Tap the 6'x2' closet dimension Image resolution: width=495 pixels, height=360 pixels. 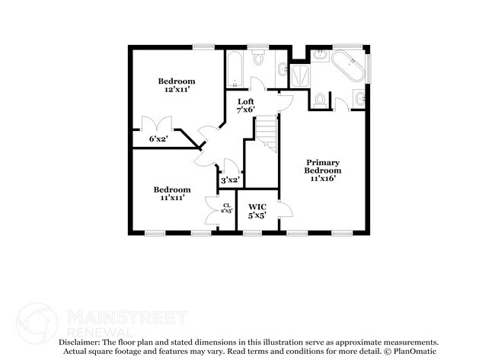click(x=158, y=139)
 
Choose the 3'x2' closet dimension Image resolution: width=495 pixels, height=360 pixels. click(x=230, y=180)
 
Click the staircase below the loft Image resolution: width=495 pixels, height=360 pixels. click(x=266, y=134)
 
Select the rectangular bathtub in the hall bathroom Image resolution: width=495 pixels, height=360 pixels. click(x=234, y=68)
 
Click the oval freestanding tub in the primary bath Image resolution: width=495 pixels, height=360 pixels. click(x=351, y=65)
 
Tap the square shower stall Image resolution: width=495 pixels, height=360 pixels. click(x=299, y=75)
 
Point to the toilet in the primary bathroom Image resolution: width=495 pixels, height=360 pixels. click(x=321, y=100)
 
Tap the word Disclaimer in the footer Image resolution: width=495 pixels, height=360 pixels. click(x=81, y=343)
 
